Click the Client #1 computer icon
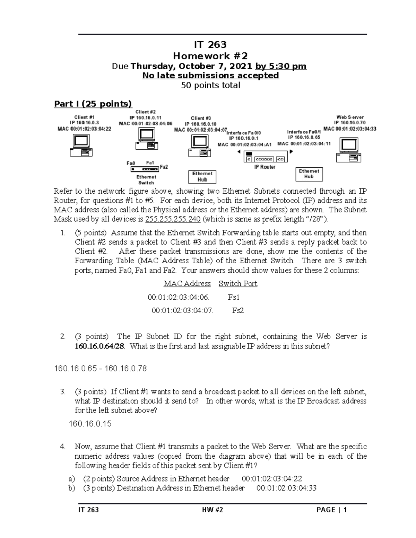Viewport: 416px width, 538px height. [x=81, y=145]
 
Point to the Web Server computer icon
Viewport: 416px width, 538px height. [x=349, y=150]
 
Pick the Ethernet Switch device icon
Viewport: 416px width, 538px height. [x=145, y=169]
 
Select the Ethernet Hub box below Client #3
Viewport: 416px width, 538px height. [x=202, y=177]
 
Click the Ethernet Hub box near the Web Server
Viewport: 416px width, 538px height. [x=309, y=174]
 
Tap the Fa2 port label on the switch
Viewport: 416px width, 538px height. [x=164, y=167]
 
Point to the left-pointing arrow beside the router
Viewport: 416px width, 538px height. [x=239, y=152]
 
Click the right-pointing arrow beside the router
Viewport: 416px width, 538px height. [x=292, y=151]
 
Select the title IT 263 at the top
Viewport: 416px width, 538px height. [x=210, y=44]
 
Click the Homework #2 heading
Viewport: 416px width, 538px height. [x=210, y=56]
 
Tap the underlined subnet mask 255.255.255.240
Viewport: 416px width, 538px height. [x=173, y=219]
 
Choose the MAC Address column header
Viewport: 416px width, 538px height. [x=187, y=284]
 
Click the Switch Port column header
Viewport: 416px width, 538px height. [x=238, y=284]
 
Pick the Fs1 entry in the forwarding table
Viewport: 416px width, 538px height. [x=234, y=297]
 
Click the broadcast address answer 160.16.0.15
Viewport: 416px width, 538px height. [x=90, y=424]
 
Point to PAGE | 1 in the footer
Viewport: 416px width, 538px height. [x=331, y=510]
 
